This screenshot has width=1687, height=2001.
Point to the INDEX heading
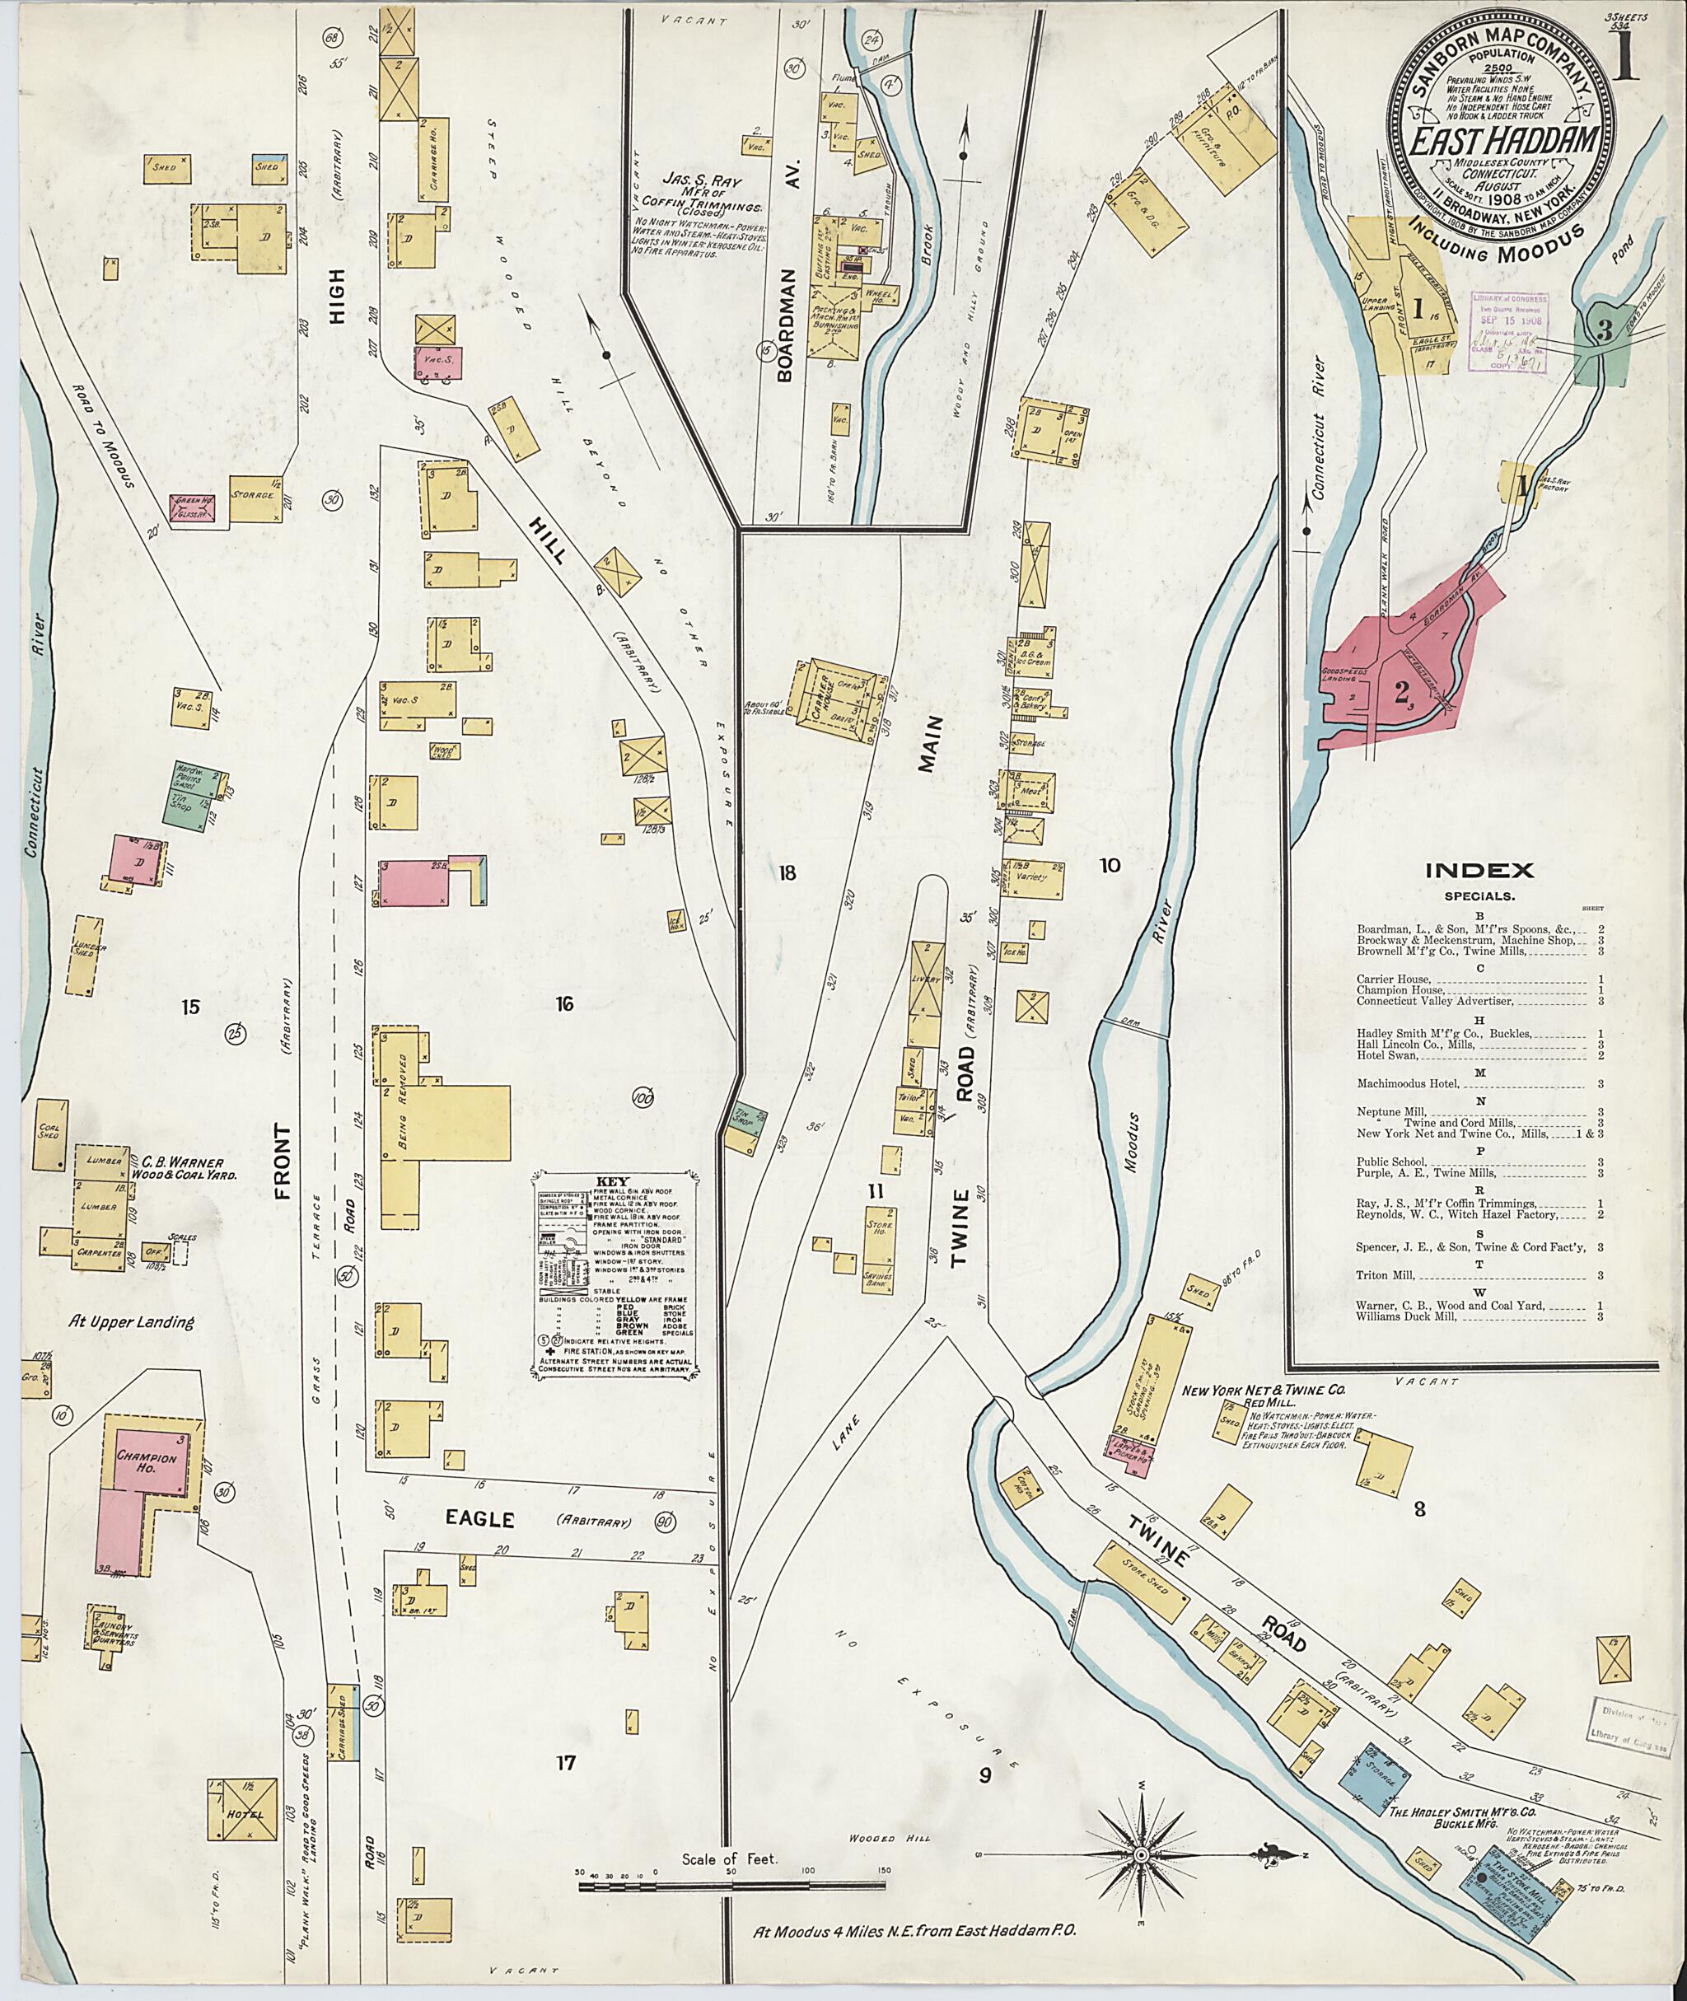coord(1479,871)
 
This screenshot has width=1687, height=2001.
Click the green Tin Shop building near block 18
coord(749,1122)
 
